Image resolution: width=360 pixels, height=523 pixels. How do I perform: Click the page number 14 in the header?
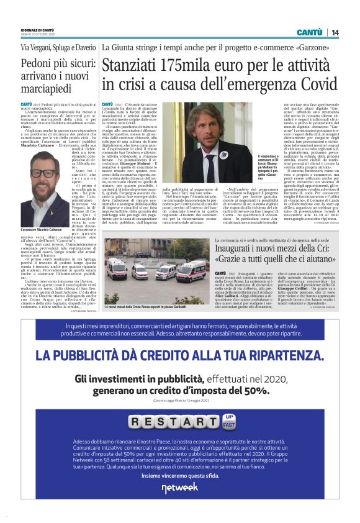335,32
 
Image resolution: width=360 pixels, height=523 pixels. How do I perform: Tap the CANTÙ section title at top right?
309,32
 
